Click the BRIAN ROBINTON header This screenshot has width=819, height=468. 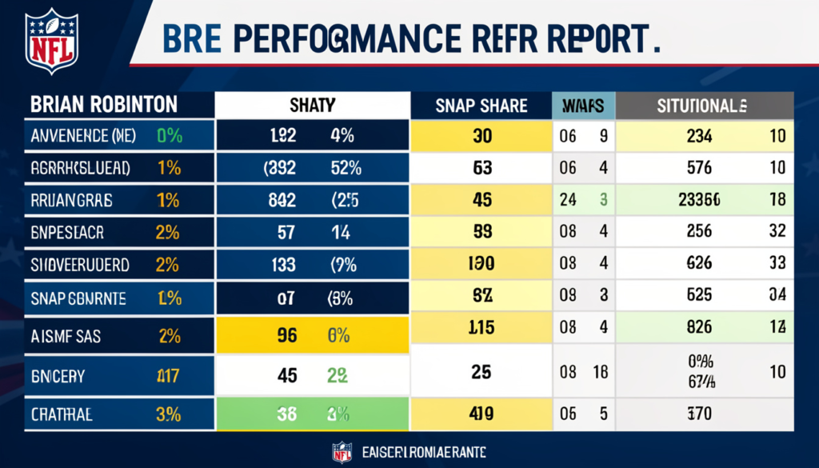104,106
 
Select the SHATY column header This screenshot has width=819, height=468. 312,106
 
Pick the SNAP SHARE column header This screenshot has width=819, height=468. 481,106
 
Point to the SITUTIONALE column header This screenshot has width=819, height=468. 702,106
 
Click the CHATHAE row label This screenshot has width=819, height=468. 62,414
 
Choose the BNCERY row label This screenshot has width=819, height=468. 58,374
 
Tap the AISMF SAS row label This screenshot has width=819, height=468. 66,336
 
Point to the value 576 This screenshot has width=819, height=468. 698,169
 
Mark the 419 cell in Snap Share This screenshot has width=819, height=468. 481,414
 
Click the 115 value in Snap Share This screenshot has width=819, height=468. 481,328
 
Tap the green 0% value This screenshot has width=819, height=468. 170,137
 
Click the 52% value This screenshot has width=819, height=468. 346,169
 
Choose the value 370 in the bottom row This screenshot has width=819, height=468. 698,414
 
